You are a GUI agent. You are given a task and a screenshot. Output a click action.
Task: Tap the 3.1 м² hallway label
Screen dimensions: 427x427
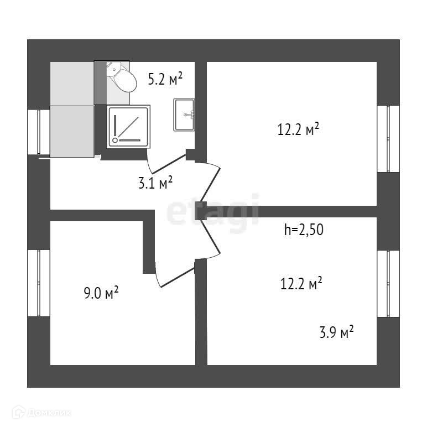[155, 183]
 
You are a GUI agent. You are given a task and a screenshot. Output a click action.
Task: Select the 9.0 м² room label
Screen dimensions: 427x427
[101, 293]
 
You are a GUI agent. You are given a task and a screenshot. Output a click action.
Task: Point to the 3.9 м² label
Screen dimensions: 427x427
[336, 332]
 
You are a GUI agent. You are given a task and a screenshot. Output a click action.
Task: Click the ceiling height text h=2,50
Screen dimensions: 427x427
[303, 230]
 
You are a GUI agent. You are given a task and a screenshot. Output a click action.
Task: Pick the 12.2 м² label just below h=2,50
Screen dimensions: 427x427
[301, 284]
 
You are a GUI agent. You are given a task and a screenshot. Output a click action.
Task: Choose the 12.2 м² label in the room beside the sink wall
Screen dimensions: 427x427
[299, 130]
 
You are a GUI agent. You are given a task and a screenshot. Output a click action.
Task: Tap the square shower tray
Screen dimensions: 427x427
[129, 126]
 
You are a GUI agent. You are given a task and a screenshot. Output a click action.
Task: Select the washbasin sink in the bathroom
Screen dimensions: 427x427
[184, 114]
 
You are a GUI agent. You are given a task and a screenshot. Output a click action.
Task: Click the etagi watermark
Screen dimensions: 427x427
[213, 211]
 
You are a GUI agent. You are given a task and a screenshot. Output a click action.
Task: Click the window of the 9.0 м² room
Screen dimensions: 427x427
[39, 283]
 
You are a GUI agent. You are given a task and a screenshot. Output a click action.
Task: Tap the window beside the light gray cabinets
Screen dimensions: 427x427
[39, 132]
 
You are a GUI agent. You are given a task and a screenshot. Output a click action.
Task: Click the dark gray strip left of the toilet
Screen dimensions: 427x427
[100, 83]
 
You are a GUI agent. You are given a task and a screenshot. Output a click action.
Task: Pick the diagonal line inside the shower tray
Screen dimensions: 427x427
[128, 126]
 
